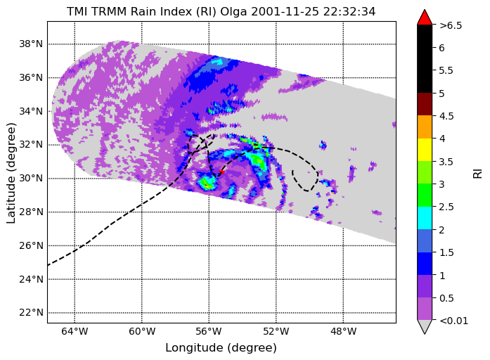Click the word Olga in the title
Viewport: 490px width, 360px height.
pos(234,12)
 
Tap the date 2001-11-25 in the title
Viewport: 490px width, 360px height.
pos(285,11)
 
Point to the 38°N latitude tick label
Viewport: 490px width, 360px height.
pos(31,44)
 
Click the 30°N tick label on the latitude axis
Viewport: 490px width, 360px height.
pos(31,178)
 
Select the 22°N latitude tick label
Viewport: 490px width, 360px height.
pos(31,312)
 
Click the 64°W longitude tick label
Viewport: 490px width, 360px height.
pos(75,331)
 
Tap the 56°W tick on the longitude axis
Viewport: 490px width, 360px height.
pos(209,331)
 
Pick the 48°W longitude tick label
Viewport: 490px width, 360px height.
pos(343,331)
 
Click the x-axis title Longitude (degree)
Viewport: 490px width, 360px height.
pos(221,348)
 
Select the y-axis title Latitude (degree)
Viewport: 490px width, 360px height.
pos(11,173)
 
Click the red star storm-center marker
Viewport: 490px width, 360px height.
pos(222,172)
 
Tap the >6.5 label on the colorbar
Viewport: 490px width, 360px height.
pos(451,25)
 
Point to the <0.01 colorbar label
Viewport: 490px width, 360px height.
pos(453,321)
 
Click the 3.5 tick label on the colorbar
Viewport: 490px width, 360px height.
pos(447,162)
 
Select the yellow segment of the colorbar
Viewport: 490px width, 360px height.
pos(425,150)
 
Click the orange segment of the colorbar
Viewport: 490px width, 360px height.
pos(425,127)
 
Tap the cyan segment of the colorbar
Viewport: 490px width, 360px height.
pos(425,218)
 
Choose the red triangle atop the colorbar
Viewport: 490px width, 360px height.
pos(425,18)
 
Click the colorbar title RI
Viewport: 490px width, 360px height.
pos(477,174)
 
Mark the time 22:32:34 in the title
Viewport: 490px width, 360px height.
pos(349,11)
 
